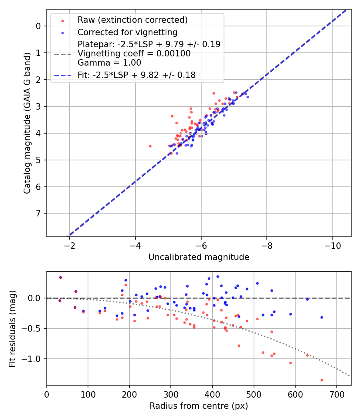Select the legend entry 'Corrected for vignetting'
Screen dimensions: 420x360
click(128, 32)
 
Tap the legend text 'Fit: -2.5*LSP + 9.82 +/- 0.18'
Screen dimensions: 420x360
click(137, 75)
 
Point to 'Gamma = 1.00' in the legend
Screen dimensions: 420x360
click(109, 62)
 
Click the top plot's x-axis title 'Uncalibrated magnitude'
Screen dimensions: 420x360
click(199, 257)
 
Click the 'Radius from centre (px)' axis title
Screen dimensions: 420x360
click(199, 406)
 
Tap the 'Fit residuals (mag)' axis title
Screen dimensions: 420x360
click(12, 328)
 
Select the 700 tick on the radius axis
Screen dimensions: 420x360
click(336, 395)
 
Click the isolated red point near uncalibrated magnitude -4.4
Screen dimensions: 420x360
click(150, 146)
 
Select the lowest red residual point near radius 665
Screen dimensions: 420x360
click(322, 380)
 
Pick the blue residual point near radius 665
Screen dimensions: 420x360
click(322, 317)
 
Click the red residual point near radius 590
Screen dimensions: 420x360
click(290, 363)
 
